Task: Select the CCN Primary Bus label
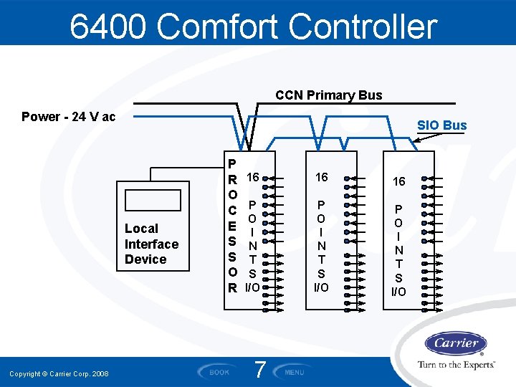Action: point(329,95)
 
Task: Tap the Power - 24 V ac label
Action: point(69,117)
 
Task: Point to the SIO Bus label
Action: point(441,125)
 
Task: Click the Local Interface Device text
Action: point(151,244)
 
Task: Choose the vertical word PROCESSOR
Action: point(232,225)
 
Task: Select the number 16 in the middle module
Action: point(321,177)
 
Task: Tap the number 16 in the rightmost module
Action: point(398,181)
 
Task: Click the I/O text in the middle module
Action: point(321,287)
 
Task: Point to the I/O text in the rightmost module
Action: point(398,292)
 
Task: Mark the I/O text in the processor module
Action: point(252,287)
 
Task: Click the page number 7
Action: point(261,371)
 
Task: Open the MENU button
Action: point(295,372)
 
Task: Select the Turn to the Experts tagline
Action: point(457,365)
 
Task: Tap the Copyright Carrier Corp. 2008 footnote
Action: point(59,374)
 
